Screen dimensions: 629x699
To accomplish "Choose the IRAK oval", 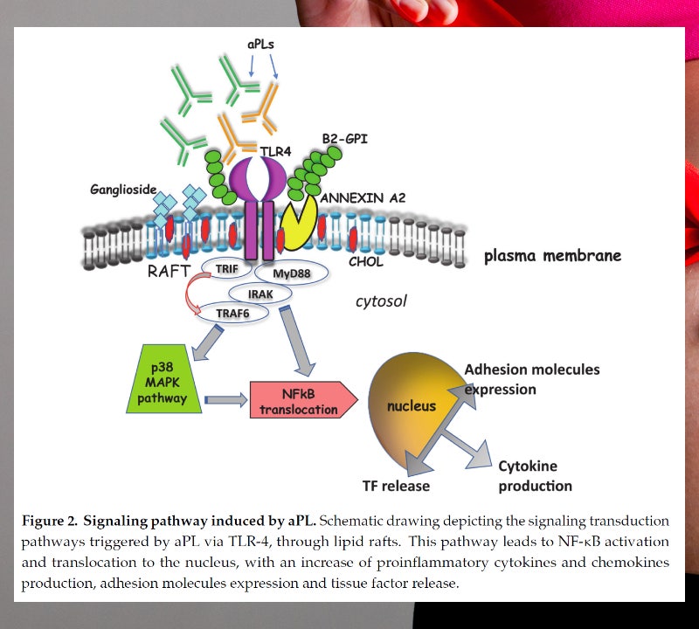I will (x=260, y=294).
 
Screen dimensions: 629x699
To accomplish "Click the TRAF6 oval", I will (x=230, y=311).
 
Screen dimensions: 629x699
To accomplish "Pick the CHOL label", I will (x=367, y=260).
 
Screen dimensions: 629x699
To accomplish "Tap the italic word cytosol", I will (x=381, y=301).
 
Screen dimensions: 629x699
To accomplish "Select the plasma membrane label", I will (x=552, y=256).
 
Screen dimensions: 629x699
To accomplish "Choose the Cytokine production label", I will (x=535, y=476).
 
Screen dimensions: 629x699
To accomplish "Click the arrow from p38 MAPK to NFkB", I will (x=225, y=400).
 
